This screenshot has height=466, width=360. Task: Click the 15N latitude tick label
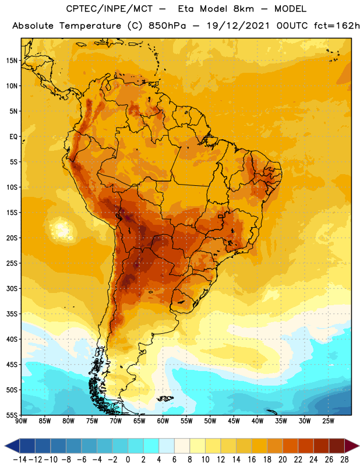click(12, 61)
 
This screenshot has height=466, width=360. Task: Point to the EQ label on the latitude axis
click(13, 137)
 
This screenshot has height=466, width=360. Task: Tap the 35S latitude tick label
click(12, 314)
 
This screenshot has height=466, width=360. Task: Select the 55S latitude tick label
click(12, 415)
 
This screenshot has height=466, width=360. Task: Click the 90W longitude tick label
click(21, 421)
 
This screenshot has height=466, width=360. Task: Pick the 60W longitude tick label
click(163, 421)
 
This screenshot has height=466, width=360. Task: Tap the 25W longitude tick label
click(328, 421)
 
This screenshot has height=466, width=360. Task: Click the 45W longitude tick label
click(234, 421)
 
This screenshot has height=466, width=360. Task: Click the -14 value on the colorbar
click(20, 460)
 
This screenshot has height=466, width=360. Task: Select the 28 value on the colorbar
click(344, 460)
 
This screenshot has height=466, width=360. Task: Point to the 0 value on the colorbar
click(128, 460)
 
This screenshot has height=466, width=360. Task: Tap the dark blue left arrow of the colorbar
click(12, 446)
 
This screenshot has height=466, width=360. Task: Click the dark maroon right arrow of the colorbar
click(352, 446)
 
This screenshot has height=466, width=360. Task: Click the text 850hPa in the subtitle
click(167, 26)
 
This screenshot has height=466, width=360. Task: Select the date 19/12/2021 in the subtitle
click(238, 26)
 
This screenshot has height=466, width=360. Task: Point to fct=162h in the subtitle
click(337, 26)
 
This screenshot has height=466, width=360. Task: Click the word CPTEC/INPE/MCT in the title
click(109, 9)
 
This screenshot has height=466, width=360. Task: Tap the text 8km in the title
click(243, 9)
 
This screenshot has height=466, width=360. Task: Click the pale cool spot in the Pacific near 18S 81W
click(61, 229)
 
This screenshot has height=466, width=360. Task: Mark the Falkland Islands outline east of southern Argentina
click(165, 398)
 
